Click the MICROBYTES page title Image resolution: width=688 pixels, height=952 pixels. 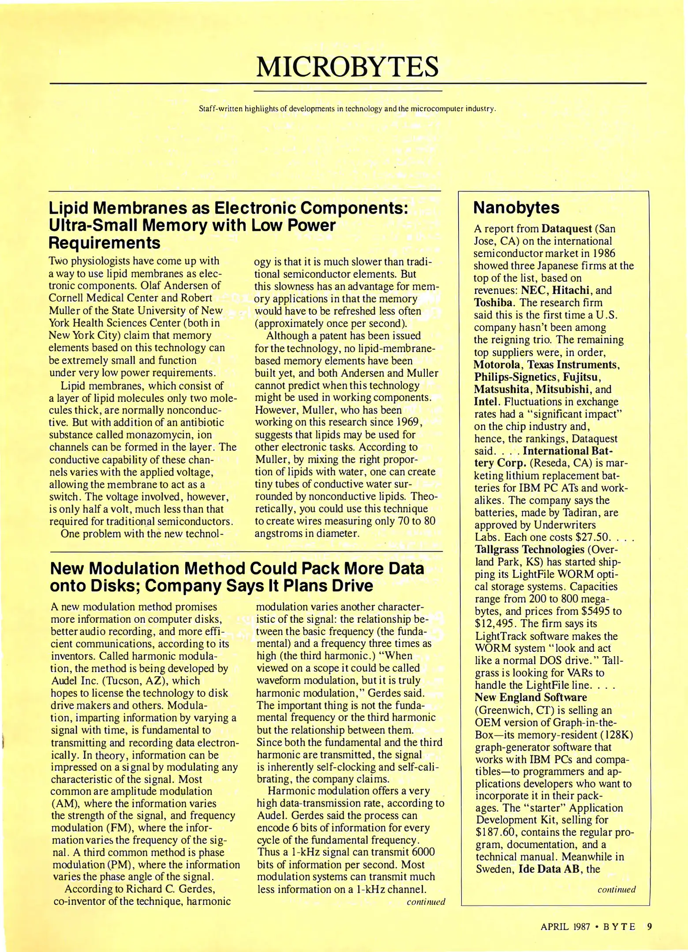click(348, 67)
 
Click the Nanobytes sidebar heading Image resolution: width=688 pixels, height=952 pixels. click(516, 208)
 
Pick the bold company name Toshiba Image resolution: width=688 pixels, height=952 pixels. click(490, 303)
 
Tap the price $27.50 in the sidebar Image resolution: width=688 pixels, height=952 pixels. click(592, 537)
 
